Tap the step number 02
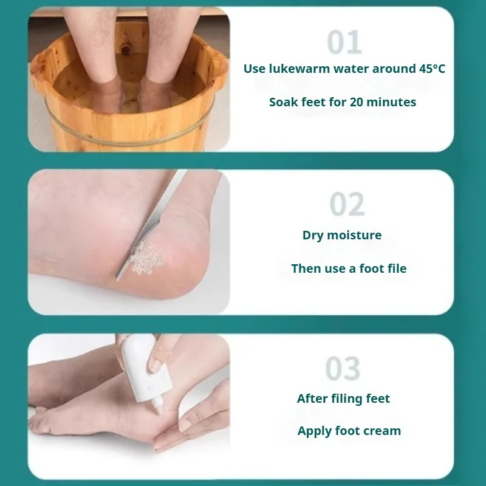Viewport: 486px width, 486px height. pyautogui.click(x=347, y=205)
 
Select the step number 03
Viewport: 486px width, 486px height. pyautogui.click(x=343, y=369)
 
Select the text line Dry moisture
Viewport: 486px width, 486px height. pyautogui.click(x=342, y=235)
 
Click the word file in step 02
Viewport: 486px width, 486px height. pyautogui.click(x=395, y=269)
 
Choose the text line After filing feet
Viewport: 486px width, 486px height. pyautogui.click(x=343, y=399)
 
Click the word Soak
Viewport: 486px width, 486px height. pyautogui.click(x=284, y=102)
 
